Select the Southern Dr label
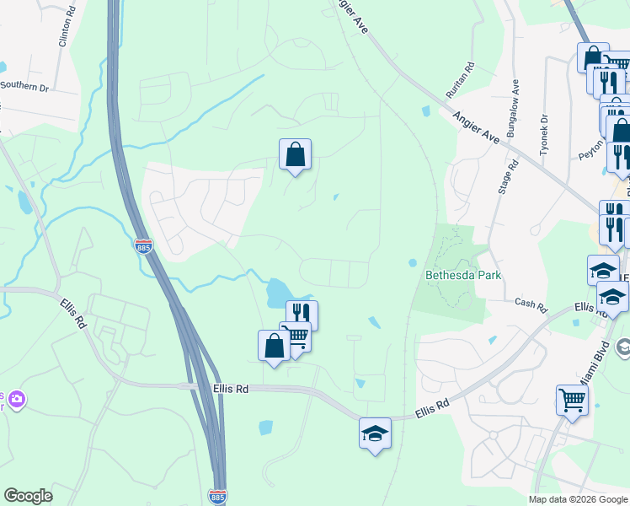click(x=24, y=85)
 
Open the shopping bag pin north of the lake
click(x=295, y=154)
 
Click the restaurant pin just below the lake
click(x=302, y=315)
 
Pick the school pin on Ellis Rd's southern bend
click(x=375, y=433)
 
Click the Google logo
click(x=28, y=496)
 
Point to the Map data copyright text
click(x=577, y=499)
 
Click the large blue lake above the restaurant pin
click(x=277, y=293)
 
